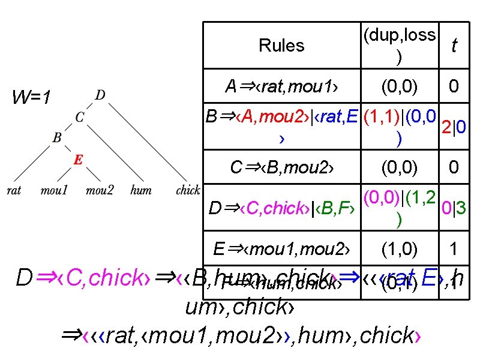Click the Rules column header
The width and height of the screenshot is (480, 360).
[281, 46]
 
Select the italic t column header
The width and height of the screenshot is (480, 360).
[454, 46]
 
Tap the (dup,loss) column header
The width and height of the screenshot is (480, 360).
[399, 45]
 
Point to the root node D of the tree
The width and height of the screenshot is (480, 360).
[100, 95]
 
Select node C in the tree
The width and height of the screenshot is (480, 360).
[80, 117]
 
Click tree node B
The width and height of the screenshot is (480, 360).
[57, 137]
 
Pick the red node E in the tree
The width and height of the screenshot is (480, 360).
[78, 160]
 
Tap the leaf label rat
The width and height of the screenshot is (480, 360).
[13, 191]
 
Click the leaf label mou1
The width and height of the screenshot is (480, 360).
[54, 191]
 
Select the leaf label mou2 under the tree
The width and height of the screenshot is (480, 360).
[99, 191]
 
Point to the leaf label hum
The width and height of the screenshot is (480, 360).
[140, 191]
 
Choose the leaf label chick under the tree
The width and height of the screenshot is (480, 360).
[187, 191]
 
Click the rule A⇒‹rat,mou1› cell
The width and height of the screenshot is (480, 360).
[281, 87]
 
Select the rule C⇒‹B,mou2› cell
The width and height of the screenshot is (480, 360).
[281, 167]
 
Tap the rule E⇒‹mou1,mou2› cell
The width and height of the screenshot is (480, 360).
[281, 248]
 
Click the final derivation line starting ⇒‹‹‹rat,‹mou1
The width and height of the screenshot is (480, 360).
[239, 336]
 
